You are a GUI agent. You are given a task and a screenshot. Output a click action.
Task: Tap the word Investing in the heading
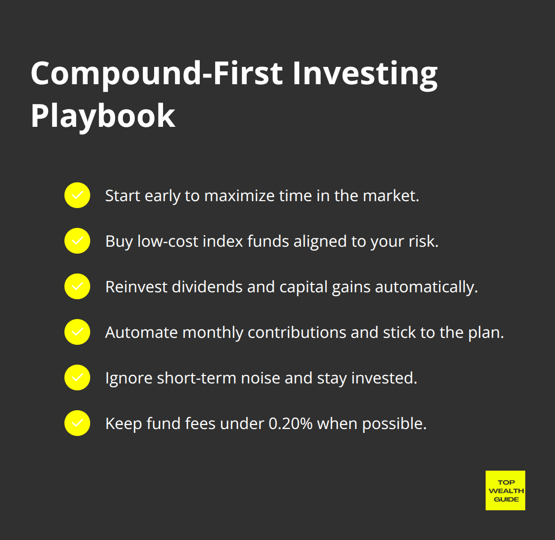(365, 73)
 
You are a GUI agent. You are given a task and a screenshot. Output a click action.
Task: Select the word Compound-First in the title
(157, 73)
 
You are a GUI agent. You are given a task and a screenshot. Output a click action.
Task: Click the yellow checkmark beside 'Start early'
(77, 195)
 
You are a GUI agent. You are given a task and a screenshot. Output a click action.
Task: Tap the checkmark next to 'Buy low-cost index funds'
(77, 241)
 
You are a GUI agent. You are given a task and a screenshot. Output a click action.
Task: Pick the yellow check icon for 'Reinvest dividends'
(77, 286)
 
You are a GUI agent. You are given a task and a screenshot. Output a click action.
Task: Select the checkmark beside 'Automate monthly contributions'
(77, 332)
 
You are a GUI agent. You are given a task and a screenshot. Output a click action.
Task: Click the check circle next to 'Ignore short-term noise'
(77, 378)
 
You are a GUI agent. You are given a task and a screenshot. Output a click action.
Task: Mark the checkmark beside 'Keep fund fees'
(77, 423)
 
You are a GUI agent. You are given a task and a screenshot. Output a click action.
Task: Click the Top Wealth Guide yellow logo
(505, 490)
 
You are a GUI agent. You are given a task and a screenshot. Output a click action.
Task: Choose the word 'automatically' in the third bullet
(426, 287)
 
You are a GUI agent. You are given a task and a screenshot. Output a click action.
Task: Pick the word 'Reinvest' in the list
(136, 287)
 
